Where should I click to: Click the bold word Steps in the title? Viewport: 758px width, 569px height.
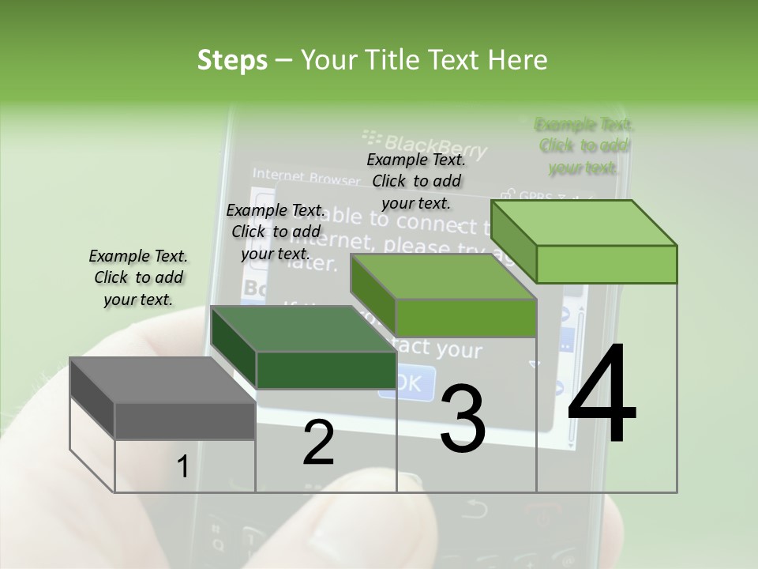coord(232,60)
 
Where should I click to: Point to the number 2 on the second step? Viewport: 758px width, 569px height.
coord(318,443)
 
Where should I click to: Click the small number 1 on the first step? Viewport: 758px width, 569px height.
coord(182,468)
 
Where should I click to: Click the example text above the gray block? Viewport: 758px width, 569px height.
coord(138,277)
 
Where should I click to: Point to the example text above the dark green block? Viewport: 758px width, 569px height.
coord(276,232)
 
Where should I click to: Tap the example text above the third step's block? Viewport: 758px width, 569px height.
coord(416,181)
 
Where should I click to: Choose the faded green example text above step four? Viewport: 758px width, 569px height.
coord(584,145)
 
